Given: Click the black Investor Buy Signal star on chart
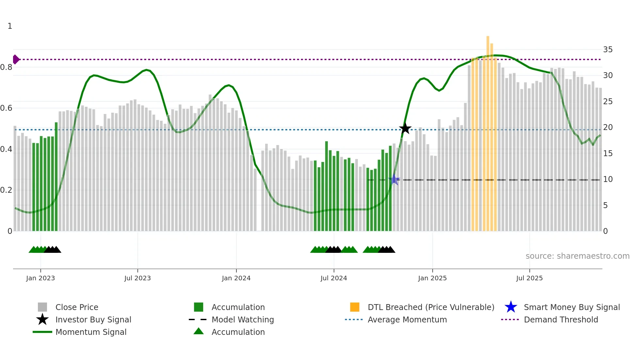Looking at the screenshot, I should pyautogui.click(x=405, y=128).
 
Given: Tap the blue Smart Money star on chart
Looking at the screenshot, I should pyautogui.click(x=394, y=180).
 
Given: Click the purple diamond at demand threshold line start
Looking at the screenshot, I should pyautogui.click(x=16, y=59).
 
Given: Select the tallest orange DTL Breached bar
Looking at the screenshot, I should pyautogui.click(x=488, y=131).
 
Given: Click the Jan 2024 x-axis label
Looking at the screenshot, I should pyautogui.click(x=236, y=278).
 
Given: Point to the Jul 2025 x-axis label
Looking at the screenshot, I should pyautogui.click(x=529, y=278).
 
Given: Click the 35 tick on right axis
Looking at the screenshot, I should pyautogui.click(x=608, y=50).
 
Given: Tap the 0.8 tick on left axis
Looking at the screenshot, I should pyautogui.click(x=6, y=67).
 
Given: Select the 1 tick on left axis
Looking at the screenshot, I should pyautogui.click(x=10, y=26).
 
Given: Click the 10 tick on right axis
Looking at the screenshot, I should pyautogui.click(x=608, y=179).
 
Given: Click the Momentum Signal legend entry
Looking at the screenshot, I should pyautogui.click(x=91, y=332).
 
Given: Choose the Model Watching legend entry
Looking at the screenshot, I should pyautogui.click(x=242, y=319).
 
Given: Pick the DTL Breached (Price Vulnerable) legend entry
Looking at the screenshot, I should pyautogui.click(x=431, y=307).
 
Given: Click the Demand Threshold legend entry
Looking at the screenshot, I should pyautogui.click(x=561, y=319).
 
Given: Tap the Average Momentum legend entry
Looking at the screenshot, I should pyautogui.click(x=407, y=319).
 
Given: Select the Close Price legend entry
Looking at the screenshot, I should pyautogui.click(x=77, y=307).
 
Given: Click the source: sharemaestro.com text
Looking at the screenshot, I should pyautogui.click(x=577, y=256).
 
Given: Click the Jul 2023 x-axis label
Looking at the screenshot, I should pyautogui.click(x=137, y=278).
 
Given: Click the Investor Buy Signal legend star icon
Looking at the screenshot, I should pyautogui.click(x=42, y=319).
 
